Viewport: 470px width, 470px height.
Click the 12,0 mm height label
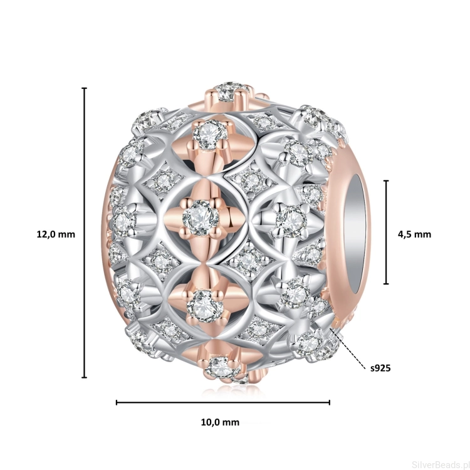point(56,234)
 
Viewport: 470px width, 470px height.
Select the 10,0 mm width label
point(220,422)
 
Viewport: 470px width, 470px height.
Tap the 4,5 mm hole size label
point(414,234)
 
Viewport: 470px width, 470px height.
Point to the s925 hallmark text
point(380,368)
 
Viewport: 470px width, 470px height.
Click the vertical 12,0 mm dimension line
point(85,232)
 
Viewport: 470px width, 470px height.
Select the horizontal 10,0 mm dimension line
point(223,402)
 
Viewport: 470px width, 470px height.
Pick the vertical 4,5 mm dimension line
point(387,232)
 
